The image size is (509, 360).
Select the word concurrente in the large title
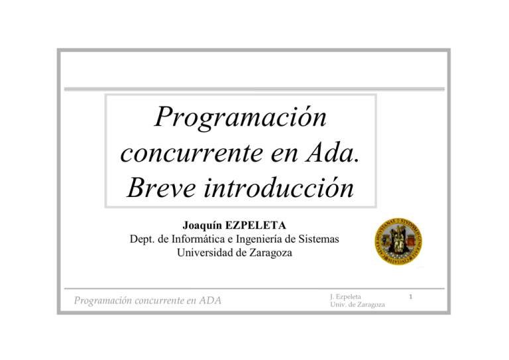point(192,153)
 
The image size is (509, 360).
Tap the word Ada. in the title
point(333,152)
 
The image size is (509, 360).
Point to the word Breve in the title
point(161,188)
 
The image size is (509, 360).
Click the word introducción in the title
point(278,187)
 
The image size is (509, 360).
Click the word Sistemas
point(318,239)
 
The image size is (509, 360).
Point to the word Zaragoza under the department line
point(270,253)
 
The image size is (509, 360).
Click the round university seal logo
point(398,241)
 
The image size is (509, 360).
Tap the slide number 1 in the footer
point(411,297)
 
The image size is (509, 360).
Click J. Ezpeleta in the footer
point(345,297)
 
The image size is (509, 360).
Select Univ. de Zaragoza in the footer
point(357,305)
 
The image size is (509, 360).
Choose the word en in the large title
point(284,154)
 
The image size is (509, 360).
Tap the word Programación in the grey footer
point(103,301)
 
